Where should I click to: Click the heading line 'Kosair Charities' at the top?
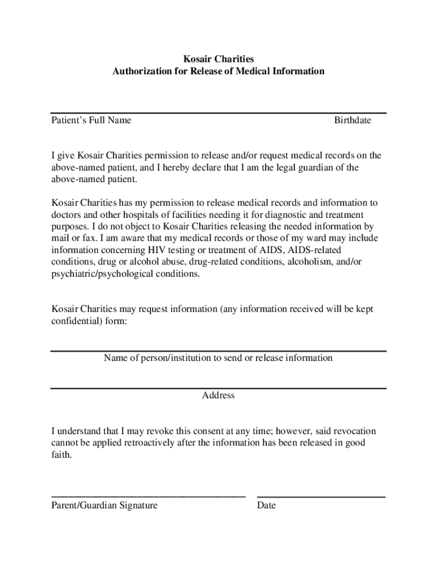coord(218,59)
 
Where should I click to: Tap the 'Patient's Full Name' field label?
coord(91,120)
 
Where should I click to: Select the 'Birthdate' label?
coord(352,120)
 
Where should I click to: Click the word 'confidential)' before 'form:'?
coord(77,321)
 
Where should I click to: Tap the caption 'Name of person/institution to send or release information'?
coord(218,358)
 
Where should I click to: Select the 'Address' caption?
coord(218,395)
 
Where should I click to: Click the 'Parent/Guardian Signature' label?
coord(104,506)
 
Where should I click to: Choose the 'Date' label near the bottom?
coord(266,506)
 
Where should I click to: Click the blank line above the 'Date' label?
coord(321,497)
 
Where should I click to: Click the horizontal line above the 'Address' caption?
coord(218,388)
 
